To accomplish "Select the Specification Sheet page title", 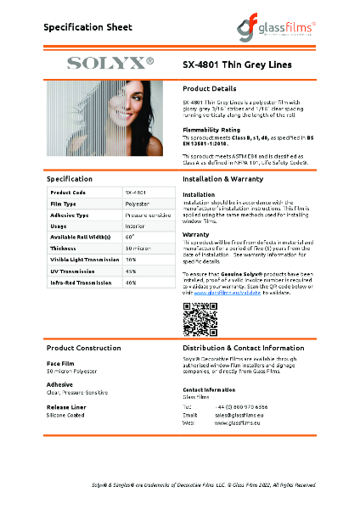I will (88, 27).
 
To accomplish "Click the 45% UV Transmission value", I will (131, 271).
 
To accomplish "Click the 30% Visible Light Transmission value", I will (131, 259).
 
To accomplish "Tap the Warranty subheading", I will (197, 233).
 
